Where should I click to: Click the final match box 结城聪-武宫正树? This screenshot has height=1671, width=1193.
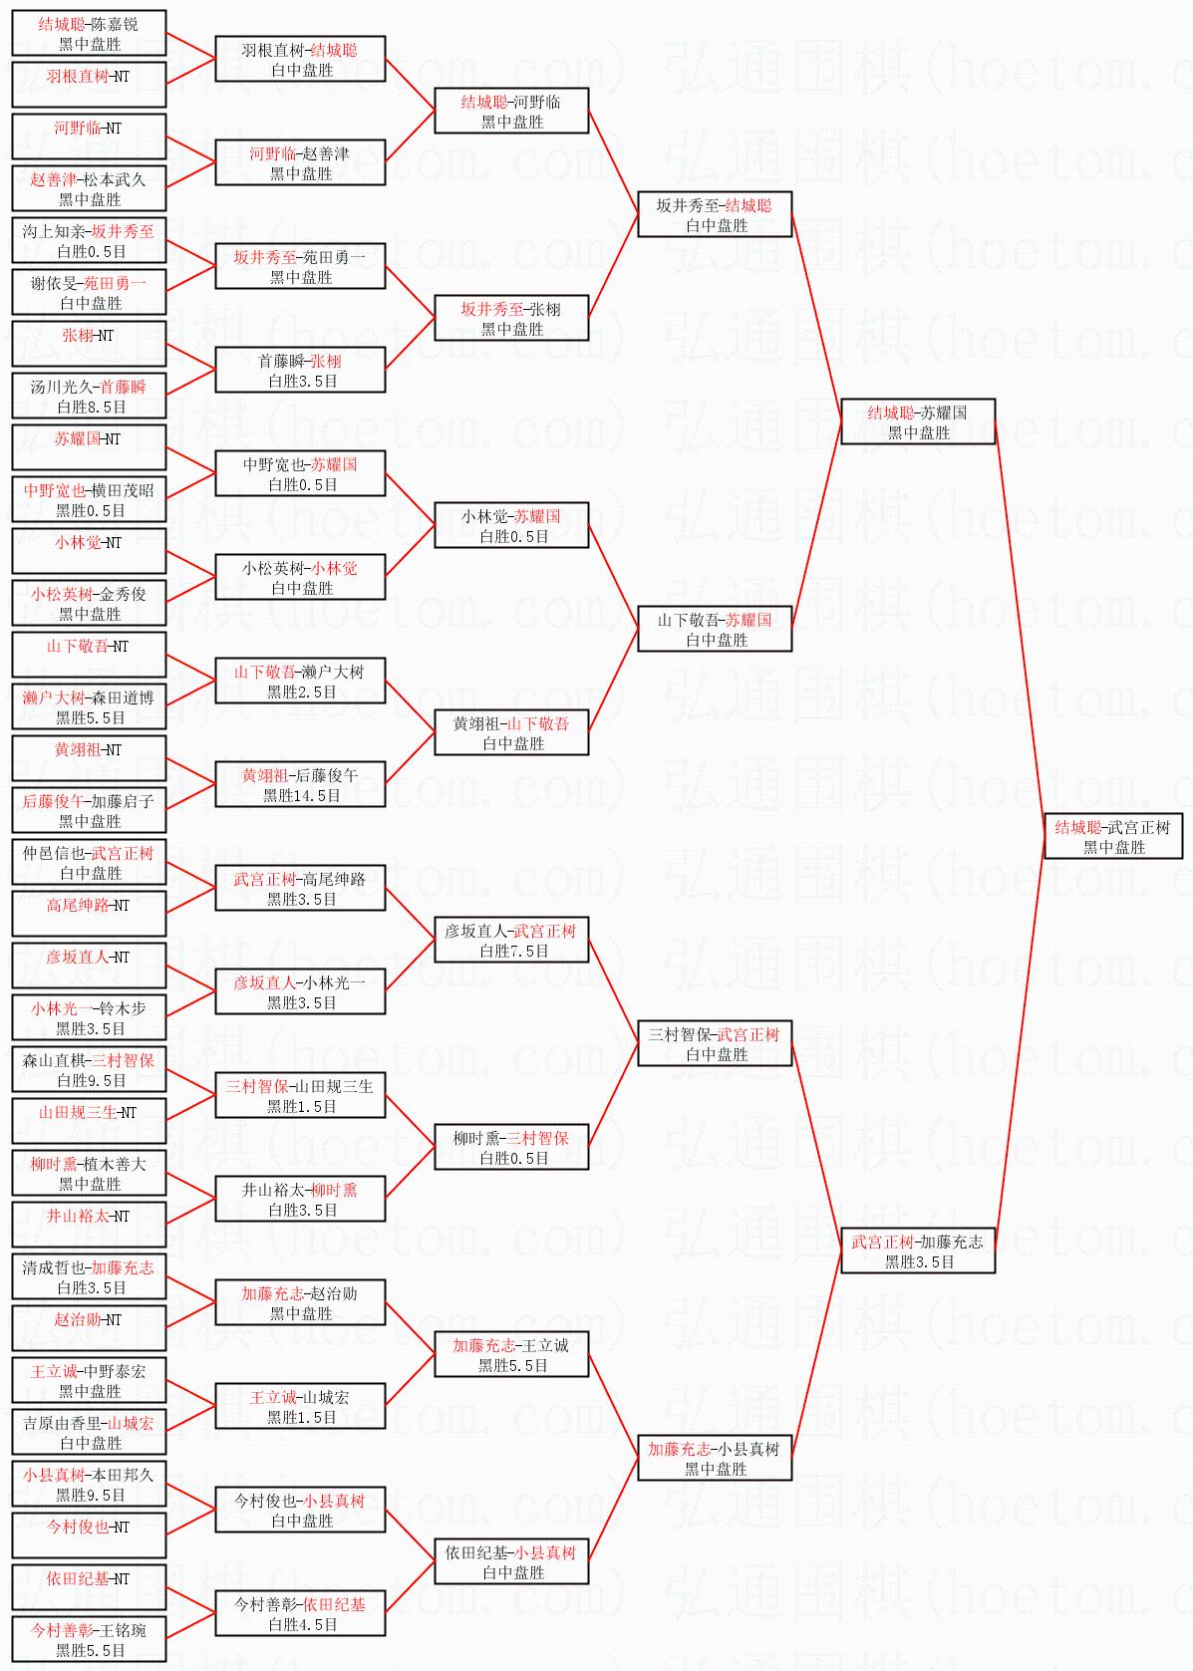pyautogui.click(x=1112, y=836)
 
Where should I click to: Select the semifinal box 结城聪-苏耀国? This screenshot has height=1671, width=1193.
pyautogui.click(x=918, y=421)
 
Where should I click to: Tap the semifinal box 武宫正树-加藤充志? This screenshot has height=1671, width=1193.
pyautogui.click(x=918, y=1251)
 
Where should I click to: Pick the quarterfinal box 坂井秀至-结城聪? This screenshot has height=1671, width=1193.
pyautogui.click(x=715, y=214)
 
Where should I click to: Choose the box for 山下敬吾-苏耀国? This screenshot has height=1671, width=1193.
pyautogui.click(x=715, y=629)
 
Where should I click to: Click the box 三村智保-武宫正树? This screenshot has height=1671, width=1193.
pyautogui.click(x=715, y=1043)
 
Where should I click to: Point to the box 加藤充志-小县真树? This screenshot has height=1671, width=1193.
pyautogui.click(x=715, y=1458)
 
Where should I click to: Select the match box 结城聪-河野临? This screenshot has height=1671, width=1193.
pyautogui.click(x=511, y=111)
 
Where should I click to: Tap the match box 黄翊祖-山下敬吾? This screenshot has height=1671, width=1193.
pyautogui.click(x=511, y=732)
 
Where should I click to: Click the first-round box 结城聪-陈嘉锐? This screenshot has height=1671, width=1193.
pyautogui.click(x=89, y=33)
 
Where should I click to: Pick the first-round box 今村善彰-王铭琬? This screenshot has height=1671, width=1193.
pyautogui.click(x=89, y=1639)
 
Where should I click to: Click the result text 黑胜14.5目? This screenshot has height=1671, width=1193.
pyautogui.click(x=301, y=796)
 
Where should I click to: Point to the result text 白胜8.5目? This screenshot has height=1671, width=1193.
pyautogui.click(x=91, y=408)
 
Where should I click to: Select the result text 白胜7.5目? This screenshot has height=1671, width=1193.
pyautogui.click(x=513, y=952)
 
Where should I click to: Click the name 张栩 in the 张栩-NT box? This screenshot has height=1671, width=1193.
pyautogui.click(x=78, y=336)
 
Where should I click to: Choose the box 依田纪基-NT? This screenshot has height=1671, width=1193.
pyautogui.click(x=89, y=1587)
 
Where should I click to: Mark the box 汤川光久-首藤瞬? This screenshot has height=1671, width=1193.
pyautogui.click(x=89, y=396)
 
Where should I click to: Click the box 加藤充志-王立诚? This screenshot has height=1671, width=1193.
pyautogui.click(x=511, y=1354)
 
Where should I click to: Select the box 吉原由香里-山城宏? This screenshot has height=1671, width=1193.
pyautogui.click(x=89, y=1432)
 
